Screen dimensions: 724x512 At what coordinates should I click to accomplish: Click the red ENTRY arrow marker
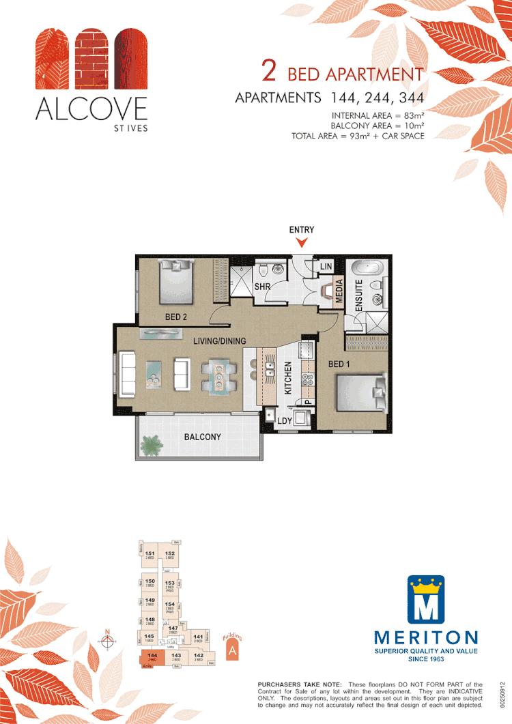tap(302, 242)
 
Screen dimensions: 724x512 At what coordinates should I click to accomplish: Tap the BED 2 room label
tap(176, 317)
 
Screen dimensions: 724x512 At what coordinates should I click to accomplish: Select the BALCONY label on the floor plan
tap(202, 437)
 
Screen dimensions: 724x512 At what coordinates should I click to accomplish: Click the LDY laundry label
tap(285, 421)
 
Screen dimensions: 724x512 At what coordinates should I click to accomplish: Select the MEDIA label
tap(339, 291)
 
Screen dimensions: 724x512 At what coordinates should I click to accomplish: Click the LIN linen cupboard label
tap(326, 265)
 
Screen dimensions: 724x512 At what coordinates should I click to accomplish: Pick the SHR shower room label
tap(263, 287)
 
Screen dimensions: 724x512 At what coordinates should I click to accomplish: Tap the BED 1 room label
tap(339, 364)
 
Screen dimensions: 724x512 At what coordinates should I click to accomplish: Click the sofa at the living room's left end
tap(127, 373)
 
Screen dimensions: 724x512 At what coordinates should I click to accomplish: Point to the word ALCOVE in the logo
tap(91, 108)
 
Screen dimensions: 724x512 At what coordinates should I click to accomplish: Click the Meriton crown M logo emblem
tap(426, 600)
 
